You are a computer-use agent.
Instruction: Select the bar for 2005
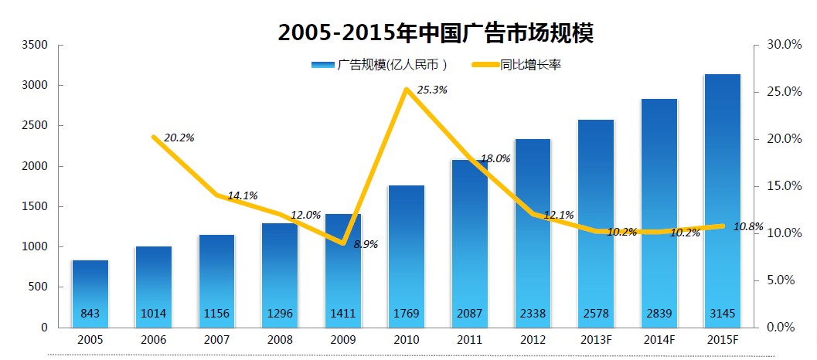point(90,294)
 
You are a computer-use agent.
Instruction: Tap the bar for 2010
point(406,255)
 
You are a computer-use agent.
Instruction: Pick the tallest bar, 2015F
point(722,201)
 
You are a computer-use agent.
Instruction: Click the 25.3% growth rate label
point(431,90)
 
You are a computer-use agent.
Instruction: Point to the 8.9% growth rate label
point(366,244)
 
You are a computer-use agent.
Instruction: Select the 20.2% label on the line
point(179,138)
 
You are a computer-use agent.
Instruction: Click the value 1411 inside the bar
point(343,314)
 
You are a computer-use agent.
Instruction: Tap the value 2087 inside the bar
point(469,314)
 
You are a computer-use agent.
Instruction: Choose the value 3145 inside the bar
point(722,314)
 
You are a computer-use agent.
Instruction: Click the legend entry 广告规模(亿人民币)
point(380,65)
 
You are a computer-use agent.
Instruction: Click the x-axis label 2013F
point(595,338)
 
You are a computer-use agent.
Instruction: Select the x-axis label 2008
point(280,338)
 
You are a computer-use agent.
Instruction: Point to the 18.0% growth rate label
point(495,158)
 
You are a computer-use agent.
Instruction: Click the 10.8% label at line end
point(748,227)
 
